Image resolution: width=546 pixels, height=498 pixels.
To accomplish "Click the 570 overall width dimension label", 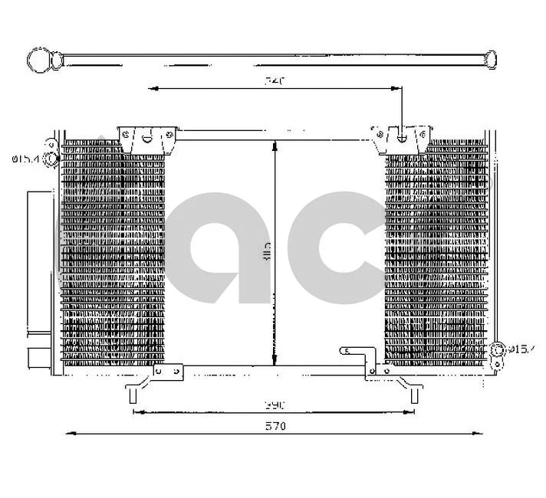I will click(275, 426).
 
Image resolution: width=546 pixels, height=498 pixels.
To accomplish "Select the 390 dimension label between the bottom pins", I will click(275, 404).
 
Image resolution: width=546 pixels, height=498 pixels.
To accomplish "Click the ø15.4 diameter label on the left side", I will click(25, 159).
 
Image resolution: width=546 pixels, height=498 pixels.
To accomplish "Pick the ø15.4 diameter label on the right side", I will click(521, 349).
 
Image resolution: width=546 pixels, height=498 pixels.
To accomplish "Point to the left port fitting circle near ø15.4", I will click(51, 159).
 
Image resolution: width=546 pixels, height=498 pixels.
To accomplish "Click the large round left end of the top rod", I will click(38, 58).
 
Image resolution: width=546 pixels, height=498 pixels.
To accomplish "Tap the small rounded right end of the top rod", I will click(490, 58).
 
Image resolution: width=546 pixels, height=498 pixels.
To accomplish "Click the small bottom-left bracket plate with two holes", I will click(169, 371).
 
